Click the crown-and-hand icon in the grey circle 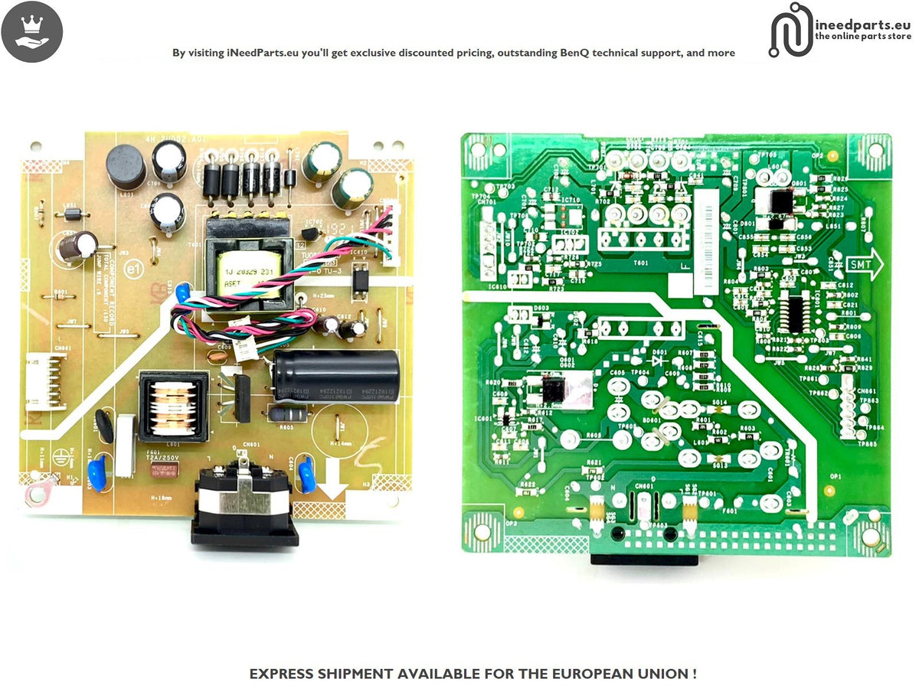[32, 31]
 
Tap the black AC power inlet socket [244, 501]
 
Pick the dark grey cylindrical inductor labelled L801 [126, 167]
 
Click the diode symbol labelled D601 [656, 354]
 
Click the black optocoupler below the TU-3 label [358, 279]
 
